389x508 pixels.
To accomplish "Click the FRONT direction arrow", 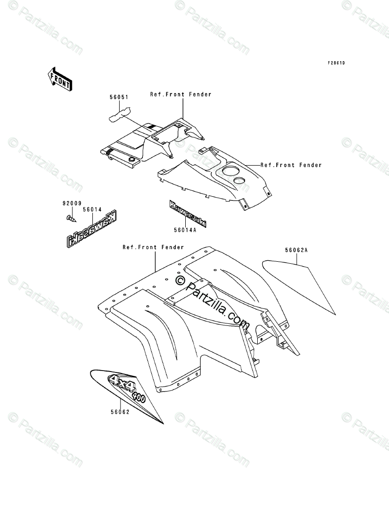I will click(x=60, y=79).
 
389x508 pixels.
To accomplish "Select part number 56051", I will click(x=119, y=97).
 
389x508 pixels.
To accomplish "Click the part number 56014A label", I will click(x=185, y=231).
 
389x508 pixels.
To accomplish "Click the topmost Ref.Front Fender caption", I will click(x=181, y=94).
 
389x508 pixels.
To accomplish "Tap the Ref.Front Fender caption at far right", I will click(x=291, y=165).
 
